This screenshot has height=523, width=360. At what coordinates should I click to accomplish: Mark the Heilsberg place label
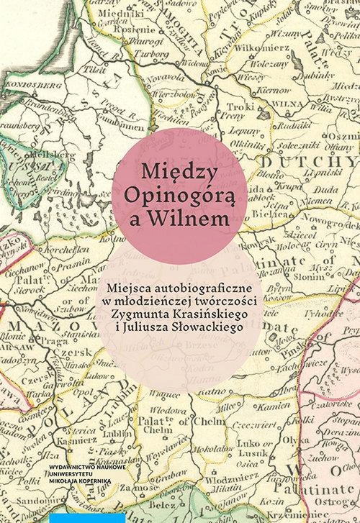tap(32, 155)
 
